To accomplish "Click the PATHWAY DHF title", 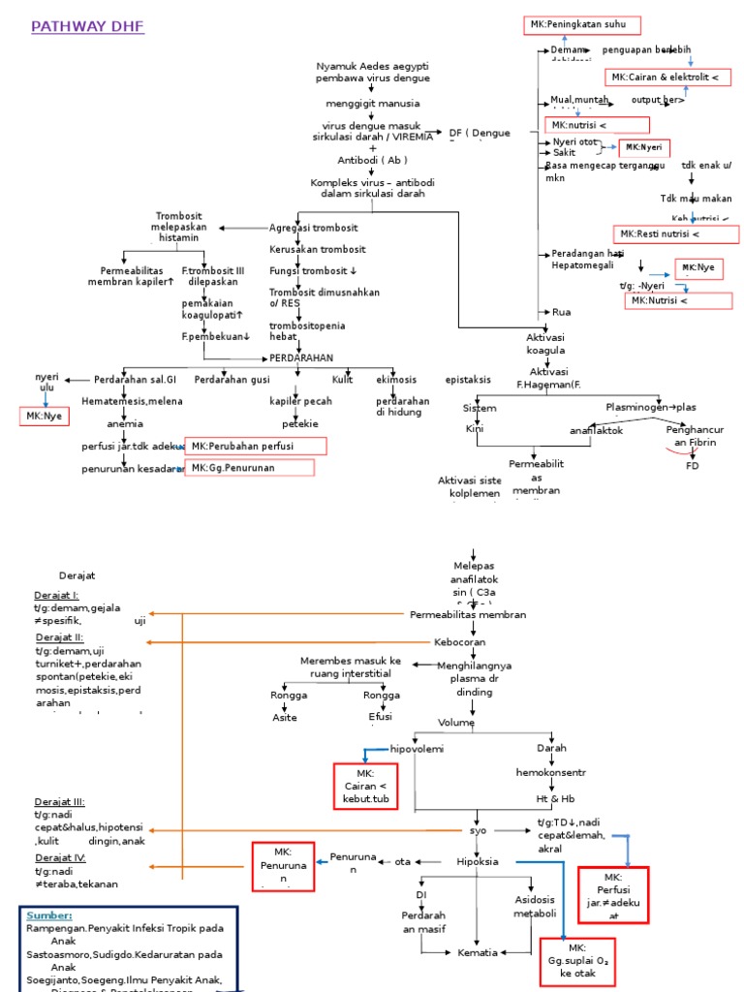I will [x=88, y=27].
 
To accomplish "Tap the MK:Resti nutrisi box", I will [x=675, y=234].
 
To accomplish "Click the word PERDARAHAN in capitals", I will [x=300, y=358].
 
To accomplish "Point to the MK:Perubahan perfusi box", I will [x=256, y=446].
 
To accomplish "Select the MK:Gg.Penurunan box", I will [x=250, y=468].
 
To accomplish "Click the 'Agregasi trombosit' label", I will [x=313, y=228].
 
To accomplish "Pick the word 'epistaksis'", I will [x=468, y=380].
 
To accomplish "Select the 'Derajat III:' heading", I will [x=60, y=802].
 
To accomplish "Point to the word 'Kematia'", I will [x=478, y=952].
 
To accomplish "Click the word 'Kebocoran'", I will [x=459, y=642].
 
